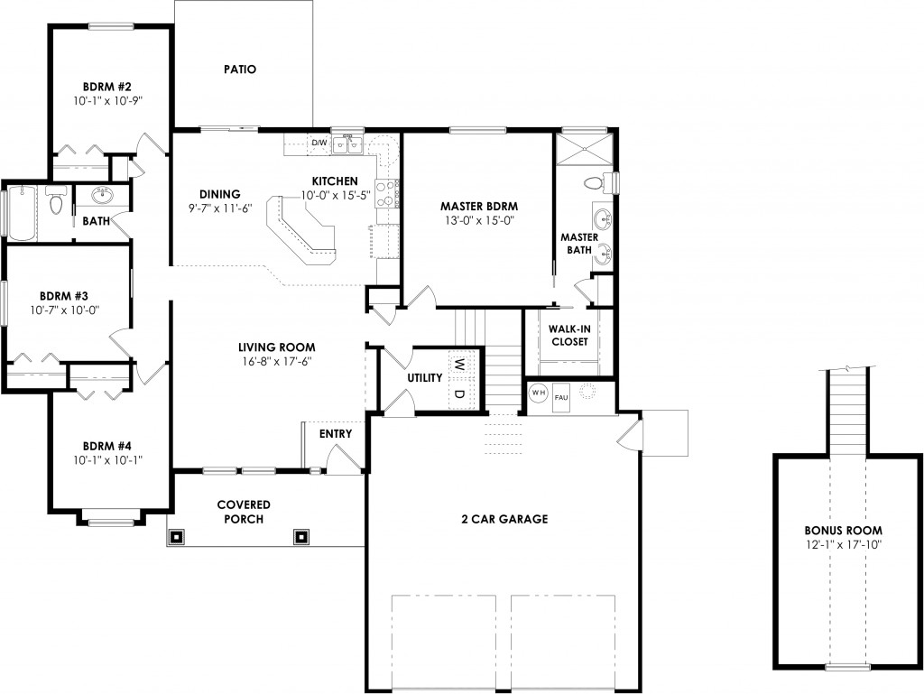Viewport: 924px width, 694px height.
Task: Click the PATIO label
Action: point(240,69)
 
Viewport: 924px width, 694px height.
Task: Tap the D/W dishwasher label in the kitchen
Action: point(319,143)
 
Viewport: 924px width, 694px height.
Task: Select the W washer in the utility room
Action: point(460,365)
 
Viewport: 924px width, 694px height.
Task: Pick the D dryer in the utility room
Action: point(460,393)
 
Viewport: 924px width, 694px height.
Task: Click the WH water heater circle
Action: point(539,393)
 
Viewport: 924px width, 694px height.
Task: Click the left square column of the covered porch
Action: point(176,536)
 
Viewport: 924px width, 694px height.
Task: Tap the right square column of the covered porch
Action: point(300,536)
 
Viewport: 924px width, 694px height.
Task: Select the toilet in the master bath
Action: point(594,183)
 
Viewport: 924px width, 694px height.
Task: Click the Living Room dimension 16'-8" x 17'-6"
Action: point(276,362)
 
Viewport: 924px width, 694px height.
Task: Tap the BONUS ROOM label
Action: point(843,530)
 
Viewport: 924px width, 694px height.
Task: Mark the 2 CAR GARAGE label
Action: point(504,519)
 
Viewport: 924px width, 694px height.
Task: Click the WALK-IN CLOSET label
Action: point(568,335)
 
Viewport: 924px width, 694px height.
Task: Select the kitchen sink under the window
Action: point(347,144)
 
